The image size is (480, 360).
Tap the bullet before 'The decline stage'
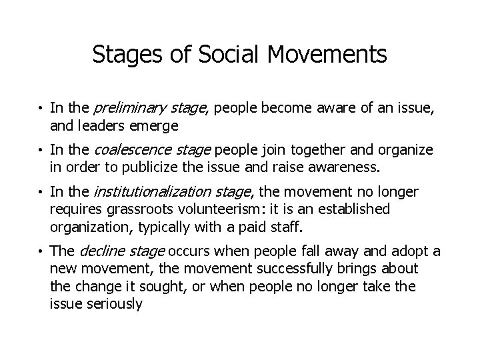pos(41,252)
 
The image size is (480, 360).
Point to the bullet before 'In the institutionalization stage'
pos(41,193)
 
